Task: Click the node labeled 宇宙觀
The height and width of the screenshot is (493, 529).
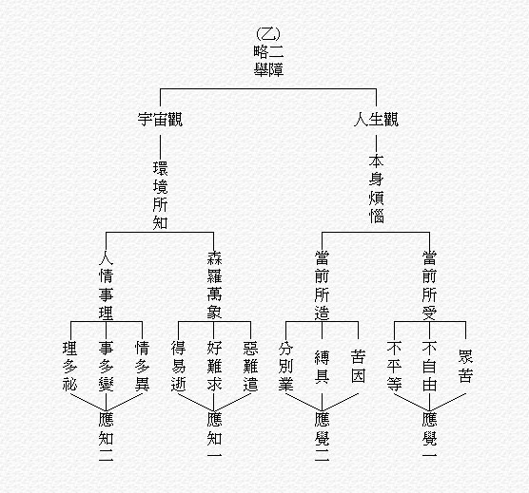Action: coord(160,120)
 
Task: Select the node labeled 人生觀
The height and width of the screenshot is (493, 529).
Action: coord(376,120)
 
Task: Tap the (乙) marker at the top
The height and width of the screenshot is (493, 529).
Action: coord(268,33)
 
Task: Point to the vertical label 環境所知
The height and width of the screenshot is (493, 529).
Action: coord(160,196)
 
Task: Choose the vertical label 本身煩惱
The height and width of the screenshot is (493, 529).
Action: coord(376,189)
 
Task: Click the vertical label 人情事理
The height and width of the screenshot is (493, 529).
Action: coord(106,286)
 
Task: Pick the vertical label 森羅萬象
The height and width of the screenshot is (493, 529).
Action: coord(214,286)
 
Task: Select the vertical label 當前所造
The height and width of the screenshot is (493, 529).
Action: coord(322,286)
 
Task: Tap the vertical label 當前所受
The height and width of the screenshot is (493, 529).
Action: coord(429,286)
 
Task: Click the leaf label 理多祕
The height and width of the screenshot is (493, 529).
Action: coord(69,366)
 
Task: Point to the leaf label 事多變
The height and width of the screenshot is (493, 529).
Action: coord(106,366)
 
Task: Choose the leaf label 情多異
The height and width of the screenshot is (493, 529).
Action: coord(142,366)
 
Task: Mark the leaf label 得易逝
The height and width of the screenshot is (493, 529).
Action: coord(178,366)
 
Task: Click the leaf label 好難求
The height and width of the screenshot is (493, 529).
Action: coord(214,366)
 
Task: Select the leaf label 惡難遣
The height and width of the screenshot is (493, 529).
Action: coord(250,366)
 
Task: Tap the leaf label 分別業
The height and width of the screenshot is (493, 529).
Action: coord(285,367)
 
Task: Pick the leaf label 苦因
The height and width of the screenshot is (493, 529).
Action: coord(358,367)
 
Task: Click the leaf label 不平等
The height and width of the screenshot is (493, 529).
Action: coord(394,366)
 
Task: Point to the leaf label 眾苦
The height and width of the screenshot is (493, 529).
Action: coord(465,367)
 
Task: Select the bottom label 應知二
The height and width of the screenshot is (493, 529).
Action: coord(106,437)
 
